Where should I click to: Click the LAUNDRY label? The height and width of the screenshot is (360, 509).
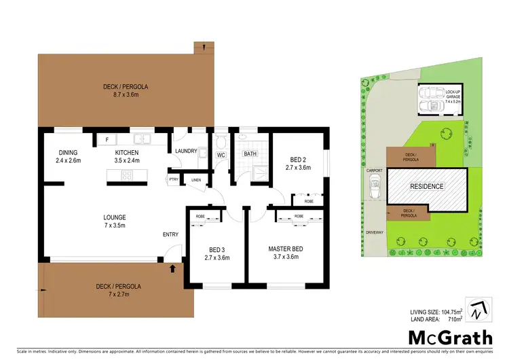click(185, 151)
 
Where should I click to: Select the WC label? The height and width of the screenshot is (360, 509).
click(221, 155)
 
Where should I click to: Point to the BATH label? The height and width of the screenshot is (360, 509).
click(250, 154)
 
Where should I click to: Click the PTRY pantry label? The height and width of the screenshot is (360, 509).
click(174, 180)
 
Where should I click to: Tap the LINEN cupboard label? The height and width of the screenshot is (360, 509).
click(196, 180)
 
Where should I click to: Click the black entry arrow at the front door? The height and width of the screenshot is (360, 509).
click(172, 269)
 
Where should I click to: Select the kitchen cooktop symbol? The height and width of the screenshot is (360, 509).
click(127, 175)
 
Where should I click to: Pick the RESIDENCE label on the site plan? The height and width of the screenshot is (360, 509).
click(426, 186)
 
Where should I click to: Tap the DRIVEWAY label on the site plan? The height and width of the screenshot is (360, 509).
click(375, 232)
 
